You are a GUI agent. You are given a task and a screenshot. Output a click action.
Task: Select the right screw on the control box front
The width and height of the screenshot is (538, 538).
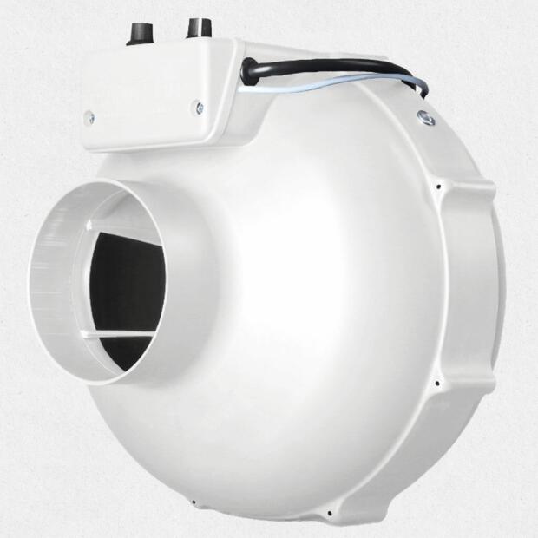(199, 108)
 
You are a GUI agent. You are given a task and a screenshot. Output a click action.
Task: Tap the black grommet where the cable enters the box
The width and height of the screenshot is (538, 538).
(249, 70)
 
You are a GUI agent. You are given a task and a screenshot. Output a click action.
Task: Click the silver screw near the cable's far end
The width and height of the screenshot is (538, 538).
(426, 116)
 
